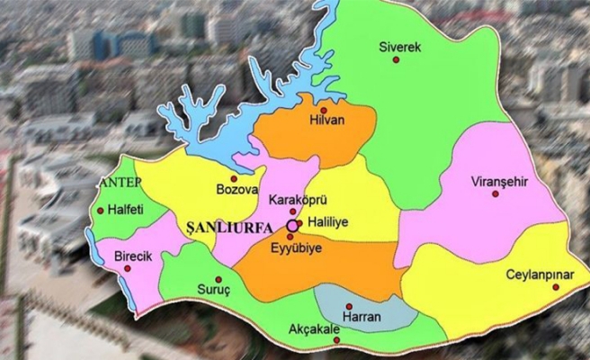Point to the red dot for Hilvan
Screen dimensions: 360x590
tap(324, 111)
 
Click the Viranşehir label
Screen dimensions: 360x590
tap(497, 179)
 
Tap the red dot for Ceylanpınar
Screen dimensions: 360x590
tap(556, 287)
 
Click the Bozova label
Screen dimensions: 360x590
tap(237, 191)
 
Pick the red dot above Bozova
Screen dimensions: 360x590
tap(235, 177)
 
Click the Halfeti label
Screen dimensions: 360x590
tap(126, 210)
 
